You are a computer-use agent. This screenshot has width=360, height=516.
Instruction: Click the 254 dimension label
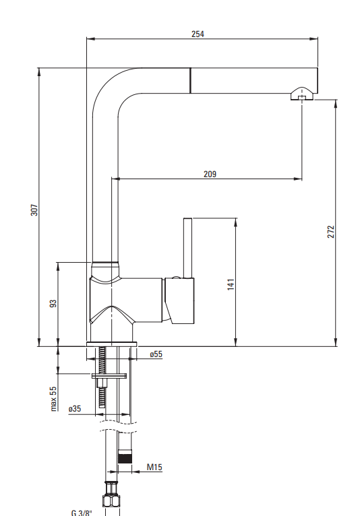198,34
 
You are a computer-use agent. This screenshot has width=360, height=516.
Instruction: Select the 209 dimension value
210,174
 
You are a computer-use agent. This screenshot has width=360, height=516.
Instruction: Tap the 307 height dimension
34,210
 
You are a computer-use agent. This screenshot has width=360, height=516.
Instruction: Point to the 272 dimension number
331,232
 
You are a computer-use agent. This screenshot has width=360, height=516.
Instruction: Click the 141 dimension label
231,284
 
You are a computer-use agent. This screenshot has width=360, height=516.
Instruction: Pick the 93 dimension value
53,303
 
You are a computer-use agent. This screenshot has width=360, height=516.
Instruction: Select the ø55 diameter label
156,354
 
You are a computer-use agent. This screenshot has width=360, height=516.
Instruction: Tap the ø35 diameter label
75,409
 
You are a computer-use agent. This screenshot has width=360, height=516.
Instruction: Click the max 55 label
53,399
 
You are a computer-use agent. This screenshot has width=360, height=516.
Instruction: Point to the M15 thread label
154,467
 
